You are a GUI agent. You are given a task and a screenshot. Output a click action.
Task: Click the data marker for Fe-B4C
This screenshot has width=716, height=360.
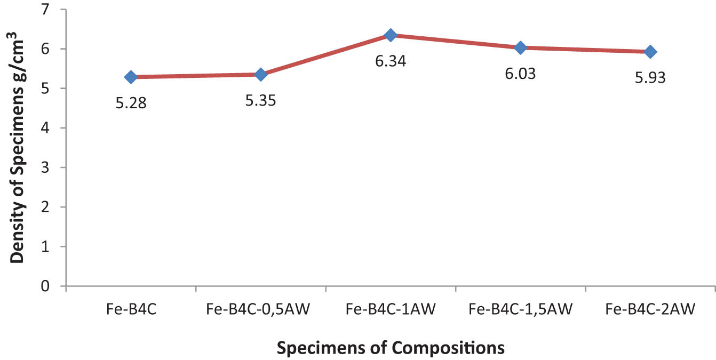131,77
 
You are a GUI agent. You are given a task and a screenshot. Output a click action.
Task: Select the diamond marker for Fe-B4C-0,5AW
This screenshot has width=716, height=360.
261,75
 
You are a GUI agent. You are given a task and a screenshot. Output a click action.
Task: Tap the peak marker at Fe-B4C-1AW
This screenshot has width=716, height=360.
391,35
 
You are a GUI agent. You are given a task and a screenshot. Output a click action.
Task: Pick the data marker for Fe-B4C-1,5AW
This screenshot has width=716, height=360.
521,47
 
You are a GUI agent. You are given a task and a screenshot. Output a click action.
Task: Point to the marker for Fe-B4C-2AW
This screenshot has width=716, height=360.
650,52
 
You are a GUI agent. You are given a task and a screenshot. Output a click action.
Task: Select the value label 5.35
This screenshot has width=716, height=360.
261,100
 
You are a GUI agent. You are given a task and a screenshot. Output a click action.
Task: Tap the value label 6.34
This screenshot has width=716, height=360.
391,61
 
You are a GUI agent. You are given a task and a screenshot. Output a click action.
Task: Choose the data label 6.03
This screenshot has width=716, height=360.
521,74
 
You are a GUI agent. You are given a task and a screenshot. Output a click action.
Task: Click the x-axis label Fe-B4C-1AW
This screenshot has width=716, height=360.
391,309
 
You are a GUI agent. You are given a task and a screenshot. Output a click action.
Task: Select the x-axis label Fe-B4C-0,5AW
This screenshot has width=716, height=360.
260,309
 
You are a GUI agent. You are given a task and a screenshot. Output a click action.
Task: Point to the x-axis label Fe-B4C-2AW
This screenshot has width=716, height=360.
650,309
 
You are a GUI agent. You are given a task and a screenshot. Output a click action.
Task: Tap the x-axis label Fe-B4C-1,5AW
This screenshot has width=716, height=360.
521,309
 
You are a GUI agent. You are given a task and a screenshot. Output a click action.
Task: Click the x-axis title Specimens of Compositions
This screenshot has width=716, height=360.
391,348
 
